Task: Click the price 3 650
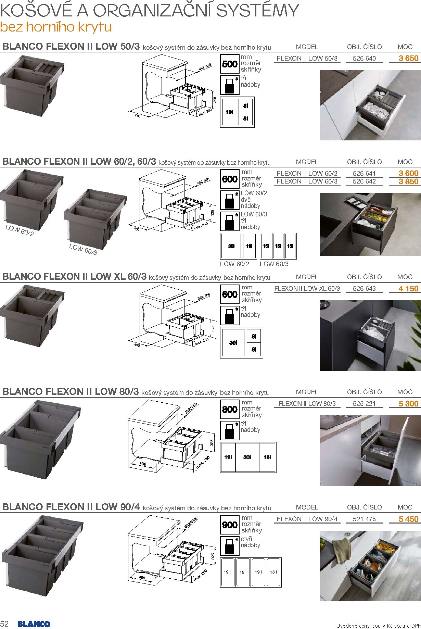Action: [408, 58]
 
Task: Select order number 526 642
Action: [364, 181]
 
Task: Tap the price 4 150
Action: [408, 289]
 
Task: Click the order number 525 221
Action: [364, 404]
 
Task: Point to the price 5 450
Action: [408, 519]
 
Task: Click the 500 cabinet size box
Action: [230, 64]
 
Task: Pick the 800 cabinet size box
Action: [230, 409]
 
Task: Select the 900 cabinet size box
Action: [230, 525]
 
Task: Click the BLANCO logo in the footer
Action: [34, 624]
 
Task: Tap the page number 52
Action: [4, 624]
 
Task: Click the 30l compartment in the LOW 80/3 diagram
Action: [247, 457]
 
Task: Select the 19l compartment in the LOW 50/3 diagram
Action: [229, 112]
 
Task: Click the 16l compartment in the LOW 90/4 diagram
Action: [273, 572]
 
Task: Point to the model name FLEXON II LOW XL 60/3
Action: [307, 289]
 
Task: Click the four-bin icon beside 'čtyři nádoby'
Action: [230, 546]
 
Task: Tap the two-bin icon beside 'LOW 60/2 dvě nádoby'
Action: [230, 200]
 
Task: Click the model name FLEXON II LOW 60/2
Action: [307, 174]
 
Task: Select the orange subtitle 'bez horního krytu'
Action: [56, 27]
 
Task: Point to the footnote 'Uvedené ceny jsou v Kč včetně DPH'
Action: [378, 626]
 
